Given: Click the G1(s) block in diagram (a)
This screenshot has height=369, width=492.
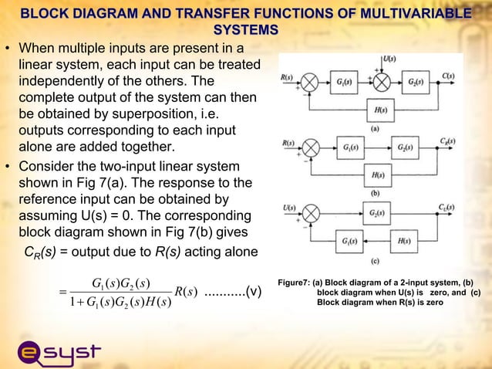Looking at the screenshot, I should pyautogui.click(x=343, y=83).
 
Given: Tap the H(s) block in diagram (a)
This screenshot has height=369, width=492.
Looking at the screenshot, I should pyautogui.click(x=379, y=110).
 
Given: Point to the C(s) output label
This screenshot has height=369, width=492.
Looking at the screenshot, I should pyautogui.click(x=447, y=75).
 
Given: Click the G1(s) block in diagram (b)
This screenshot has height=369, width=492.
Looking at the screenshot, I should pyautogui.click(x=349, y=147).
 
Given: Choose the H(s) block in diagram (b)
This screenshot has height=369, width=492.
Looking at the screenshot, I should pyautogui.click(x=379, y=174).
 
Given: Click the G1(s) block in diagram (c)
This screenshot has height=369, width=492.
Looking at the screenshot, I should pyautogui.click(x=349, y=240).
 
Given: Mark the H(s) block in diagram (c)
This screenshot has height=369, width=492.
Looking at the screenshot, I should pyautogui.click(x=406, y=240).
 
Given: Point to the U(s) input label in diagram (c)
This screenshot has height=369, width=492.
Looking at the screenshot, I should pyautogui.click(x=288, y=206).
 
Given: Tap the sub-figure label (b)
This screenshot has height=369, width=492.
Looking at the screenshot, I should pyautogui.click(x=375, y=192).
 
